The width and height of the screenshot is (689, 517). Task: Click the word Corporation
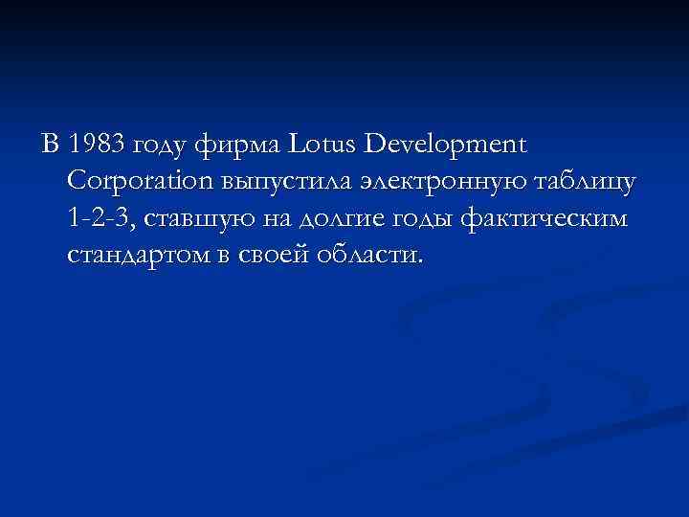[138, 183]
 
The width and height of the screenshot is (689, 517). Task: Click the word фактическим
[545, 219]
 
